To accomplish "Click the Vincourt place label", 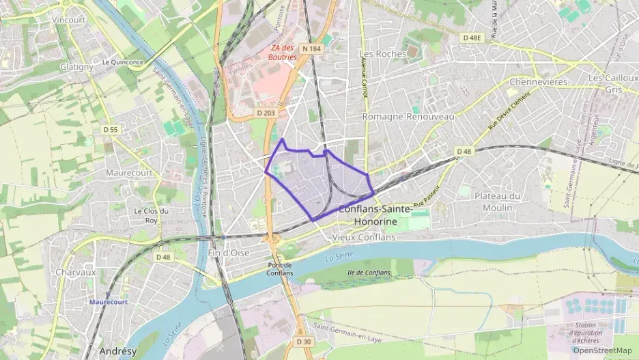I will pos(69,20).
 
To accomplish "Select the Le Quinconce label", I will pos(122,61).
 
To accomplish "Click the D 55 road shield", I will pos(111,129).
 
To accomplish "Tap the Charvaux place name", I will pos(76,271).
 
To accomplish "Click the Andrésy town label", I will pos(118,350).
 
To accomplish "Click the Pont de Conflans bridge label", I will pos(280,269).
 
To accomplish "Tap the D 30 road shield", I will pos(304,341).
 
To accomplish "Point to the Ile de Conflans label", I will pos(369,273).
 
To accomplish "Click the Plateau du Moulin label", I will pos(498,201).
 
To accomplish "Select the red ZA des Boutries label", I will pos(283,53).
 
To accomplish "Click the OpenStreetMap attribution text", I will pos(601,350).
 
